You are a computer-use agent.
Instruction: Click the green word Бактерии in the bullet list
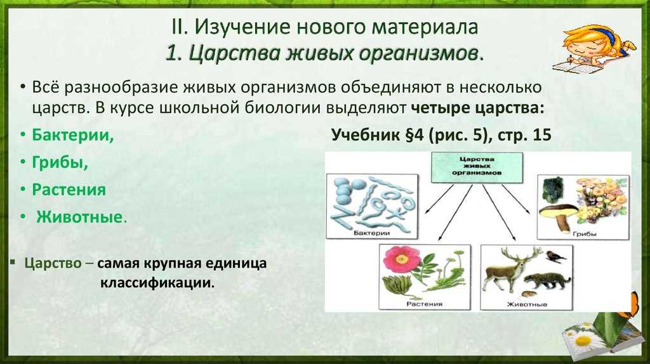[x=73, y=135]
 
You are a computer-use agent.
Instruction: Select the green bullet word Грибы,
[x=60, y=162]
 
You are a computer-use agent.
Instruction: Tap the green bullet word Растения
[x=69, y=190]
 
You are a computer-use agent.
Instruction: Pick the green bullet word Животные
[x=79, y=217]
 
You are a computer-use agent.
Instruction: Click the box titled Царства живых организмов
[x=477, y=167]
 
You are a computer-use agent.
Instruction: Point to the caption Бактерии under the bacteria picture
[x=372, y=233]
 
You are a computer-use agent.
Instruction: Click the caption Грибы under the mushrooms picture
[x=584, y=234]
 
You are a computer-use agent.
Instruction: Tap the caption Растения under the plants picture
[x=424, y=304]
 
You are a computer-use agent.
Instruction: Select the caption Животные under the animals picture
[x=527, y=304]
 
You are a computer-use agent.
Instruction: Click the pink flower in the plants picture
[x=402, y=259]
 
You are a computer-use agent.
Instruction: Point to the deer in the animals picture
[x=511, y=268]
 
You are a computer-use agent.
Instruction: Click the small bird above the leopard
[x=555, y=257]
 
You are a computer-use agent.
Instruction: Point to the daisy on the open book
[x=583, y=339]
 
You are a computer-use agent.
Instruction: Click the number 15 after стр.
[x=542, y=135]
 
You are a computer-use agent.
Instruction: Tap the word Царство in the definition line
[x=53, y=263]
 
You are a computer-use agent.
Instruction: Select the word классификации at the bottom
[x=157, y=283]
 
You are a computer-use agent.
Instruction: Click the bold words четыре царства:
[x=477, y=108]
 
